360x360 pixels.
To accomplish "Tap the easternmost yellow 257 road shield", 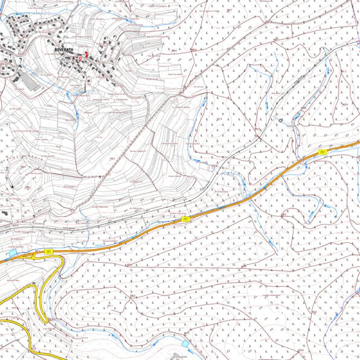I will point(323,151).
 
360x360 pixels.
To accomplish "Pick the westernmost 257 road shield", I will point(48,251).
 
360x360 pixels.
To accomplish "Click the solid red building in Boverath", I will point(85,54).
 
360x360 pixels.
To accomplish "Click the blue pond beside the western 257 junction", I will point(13,252).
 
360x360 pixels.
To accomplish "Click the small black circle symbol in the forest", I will point(280,120).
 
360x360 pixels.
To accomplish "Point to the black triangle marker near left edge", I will point(11,188).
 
